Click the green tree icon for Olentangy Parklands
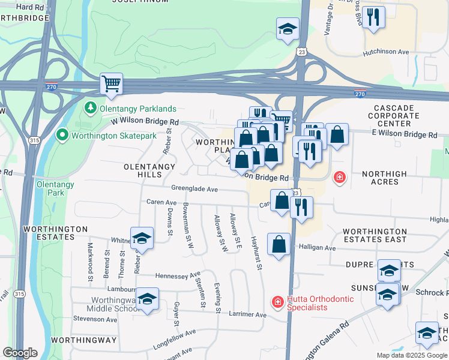pyautogui.click(x=90, y=108)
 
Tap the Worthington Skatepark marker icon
pyautogui.click(x=62, y=136)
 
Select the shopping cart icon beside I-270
pyautogui.click(x=111, y=83)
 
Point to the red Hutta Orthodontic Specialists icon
pyautogui.click(x=277, y=302)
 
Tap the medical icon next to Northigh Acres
pyautogui.click(x=340, y=178)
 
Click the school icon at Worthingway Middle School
pyautogui.click(x=147, y=299)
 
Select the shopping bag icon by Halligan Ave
pyautogui.click(x=279, y=244)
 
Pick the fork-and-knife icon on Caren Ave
pyautogui.click(x=301, y=206)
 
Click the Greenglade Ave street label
pyautogui.click(x=194, y=188)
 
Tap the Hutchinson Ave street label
pyautogui.click(x=385, y=52)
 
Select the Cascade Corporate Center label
pyautogui.click(x=394, y=115)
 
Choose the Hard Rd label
pyautogui.click(x=31, y=7)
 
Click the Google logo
pyautogui.click(x=19, y=352)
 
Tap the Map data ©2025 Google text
pyautogui.click(x=411, y=355)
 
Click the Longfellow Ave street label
pyautogui.click(x=174, y=336)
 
